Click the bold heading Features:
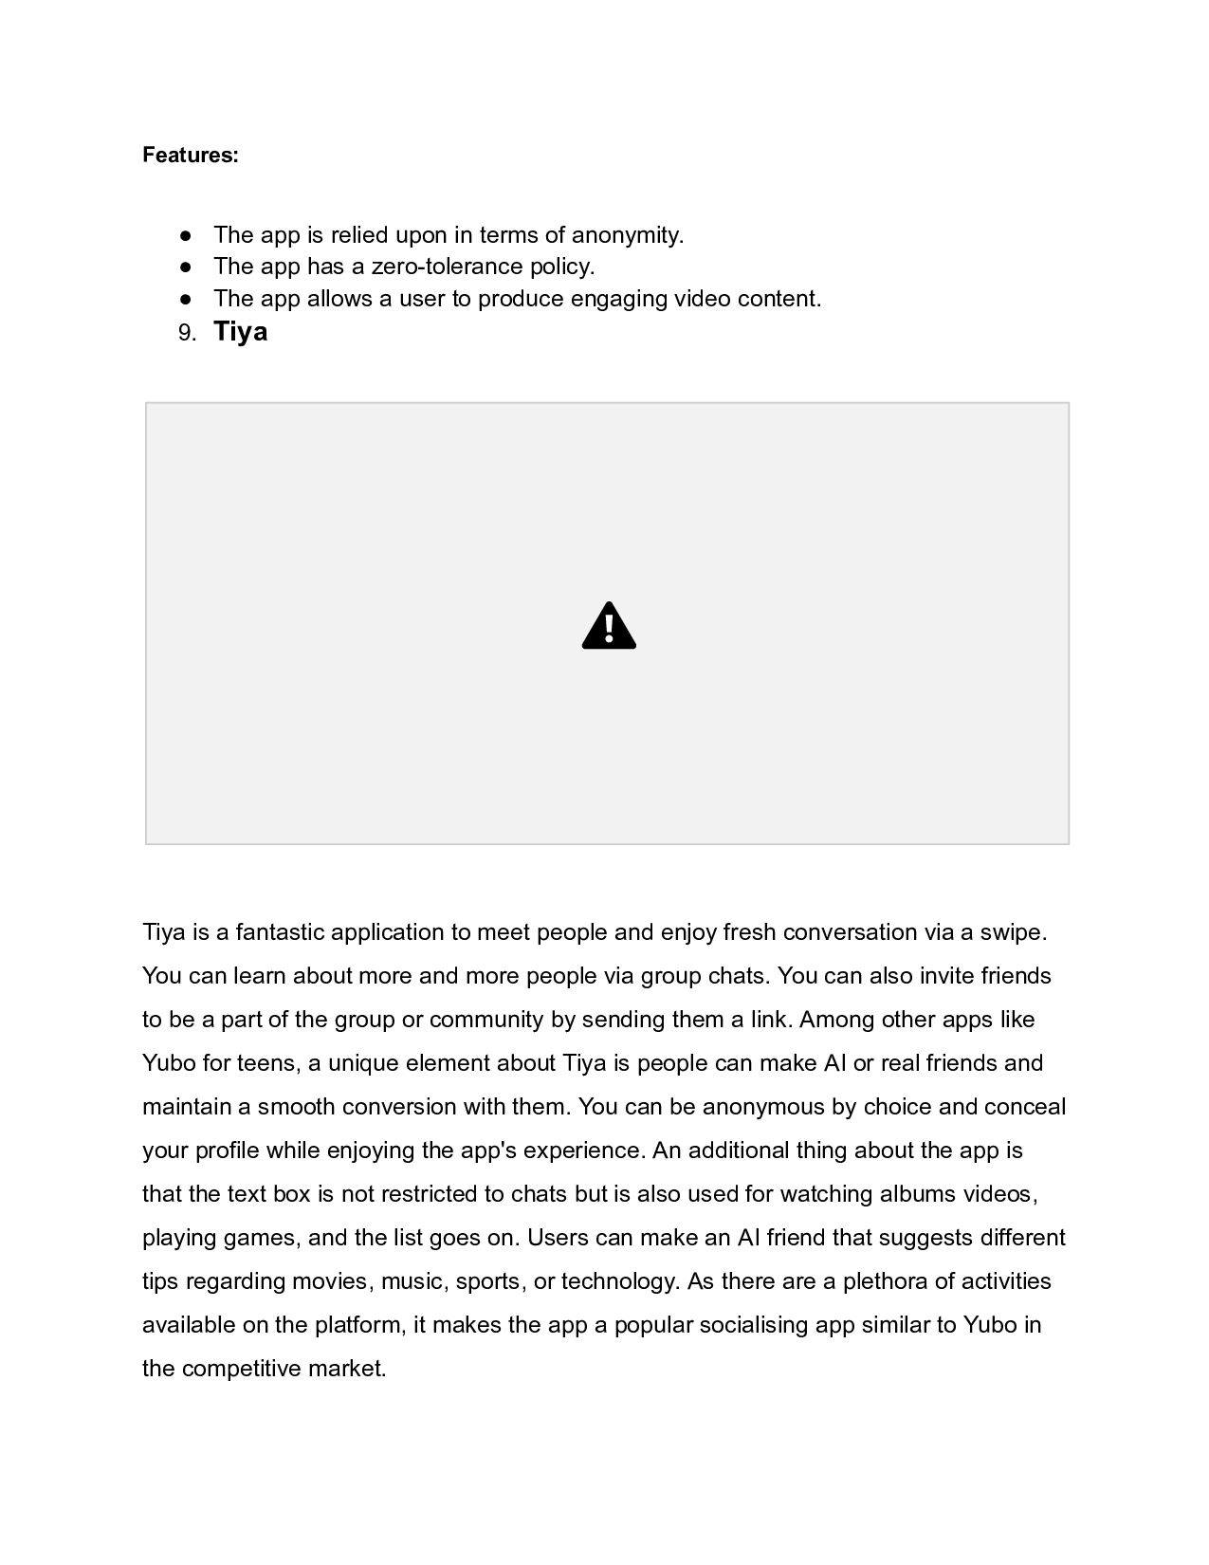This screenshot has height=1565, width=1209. point(190,155)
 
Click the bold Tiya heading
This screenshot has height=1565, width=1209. point(240,331)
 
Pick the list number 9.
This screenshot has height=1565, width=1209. point(187,333)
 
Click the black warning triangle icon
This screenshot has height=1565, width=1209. point(609,626)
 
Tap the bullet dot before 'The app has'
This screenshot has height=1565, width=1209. point(186,267)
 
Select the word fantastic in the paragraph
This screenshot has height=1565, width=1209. point(280,932)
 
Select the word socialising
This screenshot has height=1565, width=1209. point(754,1325)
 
